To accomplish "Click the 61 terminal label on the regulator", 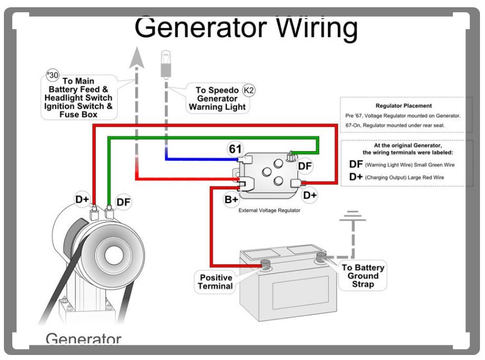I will click(233, 148).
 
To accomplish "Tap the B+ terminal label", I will click(231, 199).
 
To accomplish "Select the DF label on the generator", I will click(123, 203).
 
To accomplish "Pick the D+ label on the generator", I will click(83, 198).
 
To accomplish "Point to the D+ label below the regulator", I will click(310, 195).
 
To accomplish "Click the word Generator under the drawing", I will click(83, 340).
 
